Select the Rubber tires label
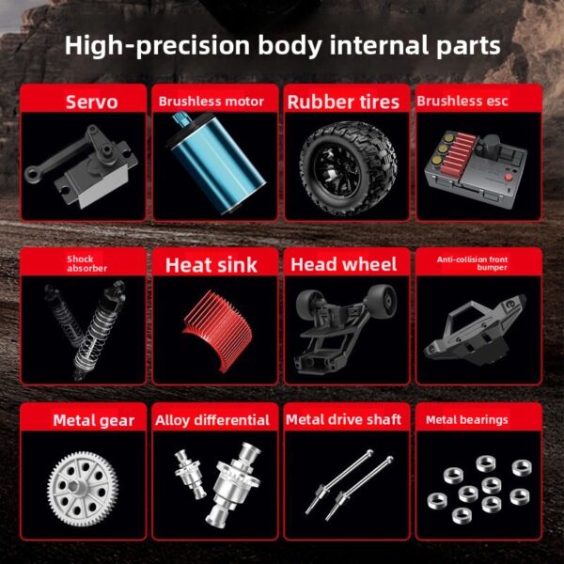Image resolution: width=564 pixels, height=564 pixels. [x=343, y=102]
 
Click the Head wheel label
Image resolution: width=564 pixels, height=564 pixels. [x=343, y=265]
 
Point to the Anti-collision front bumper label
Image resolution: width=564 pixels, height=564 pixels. [x=478, y=263]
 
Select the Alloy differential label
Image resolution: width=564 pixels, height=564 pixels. [x=212, y=420]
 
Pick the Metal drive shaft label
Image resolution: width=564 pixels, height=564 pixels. [x=343, y=420]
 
